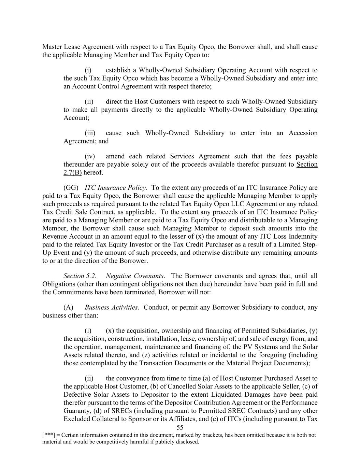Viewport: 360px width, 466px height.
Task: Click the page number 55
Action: (180, 428)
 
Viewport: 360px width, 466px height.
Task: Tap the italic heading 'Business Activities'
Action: (112, 307)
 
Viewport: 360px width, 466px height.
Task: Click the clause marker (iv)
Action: (90, 156)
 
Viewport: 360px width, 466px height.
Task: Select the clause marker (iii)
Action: (90, 133)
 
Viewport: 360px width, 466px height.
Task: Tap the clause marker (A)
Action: (68, 307)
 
